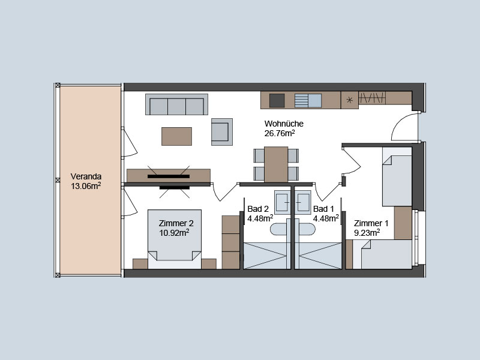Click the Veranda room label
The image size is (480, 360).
[x=86, y=176]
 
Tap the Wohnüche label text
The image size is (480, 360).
[x=284, y=124]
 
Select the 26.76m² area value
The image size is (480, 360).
[x=280, y=133]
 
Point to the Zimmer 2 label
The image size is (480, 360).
[x=176, y=223]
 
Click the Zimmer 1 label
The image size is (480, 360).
[x=371, y=223]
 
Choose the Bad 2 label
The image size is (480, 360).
[x=258, y=209]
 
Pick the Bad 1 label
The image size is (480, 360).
[x=323, y=209]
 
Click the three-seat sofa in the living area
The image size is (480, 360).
[x=176, y=104]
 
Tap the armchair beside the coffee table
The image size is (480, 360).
[x=221, y=132]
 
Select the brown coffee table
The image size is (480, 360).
[x=176, y=137]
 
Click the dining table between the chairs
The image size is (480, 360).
[x=276, y=164]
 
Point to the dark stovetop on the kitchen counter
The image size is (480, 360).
[x=277, y=100]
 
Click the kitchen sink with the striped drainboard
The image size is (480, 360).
[x=308, y=100]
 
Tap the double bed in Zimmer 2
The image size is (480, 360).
[x=175, y=239]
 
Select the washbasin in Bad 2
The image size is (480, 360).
[x=282, y=202]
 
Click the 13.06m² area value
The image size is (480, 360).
[x=86, y=186]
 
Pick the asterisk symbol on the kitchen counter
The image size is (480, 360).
[x=349, y=100]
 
